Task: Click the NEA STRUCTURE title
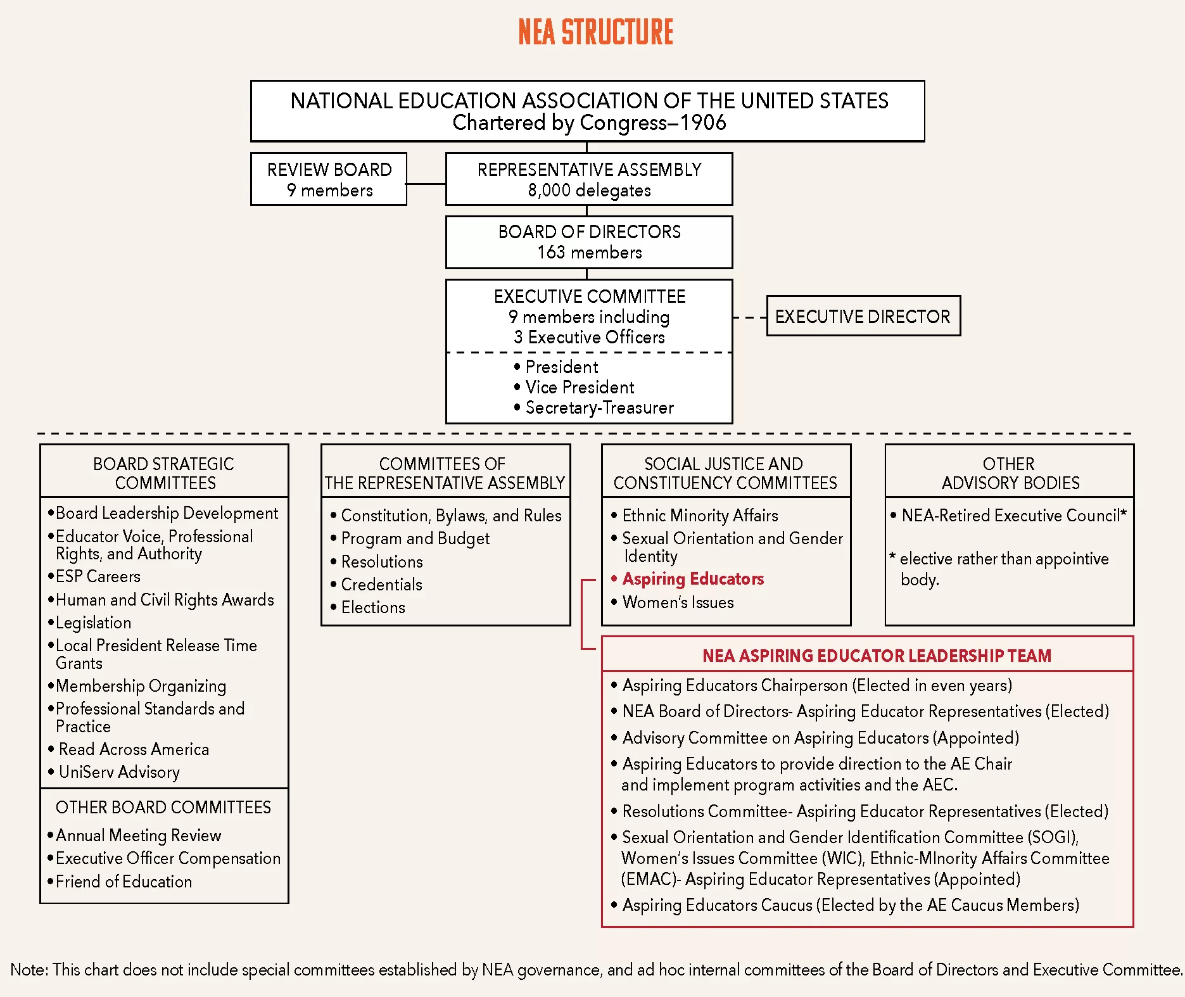click(595, 32)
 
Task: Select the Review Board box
click(329, 179)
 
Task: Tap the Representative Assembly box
click(589, 179)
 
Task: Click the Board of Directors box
click(589, 242)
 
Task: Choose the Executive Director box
click(863, 316)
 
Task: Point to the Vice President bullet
click(580, 387)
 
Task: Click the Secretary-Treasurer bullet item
click(599, 407)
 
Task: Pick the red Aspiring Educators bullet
click(693, 579)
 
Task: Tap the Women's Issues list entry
click(678, 602)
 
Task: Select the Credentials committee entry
click(381, 585)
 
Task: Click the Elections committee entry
click(373, 607)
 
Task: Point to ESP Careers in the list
click(98, 576)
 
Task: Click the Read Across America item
click(134, 749)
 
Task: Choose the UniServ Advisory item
click(119, 772)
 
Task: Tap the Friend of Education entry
click(124, 882)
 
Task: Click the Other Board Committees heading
click(163, 808)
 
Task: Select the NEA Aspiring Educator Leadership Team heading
click(877, 656)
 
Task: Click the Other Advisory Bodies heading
click(1010, 473)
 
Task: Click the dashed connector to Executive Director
click(750, 317)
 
